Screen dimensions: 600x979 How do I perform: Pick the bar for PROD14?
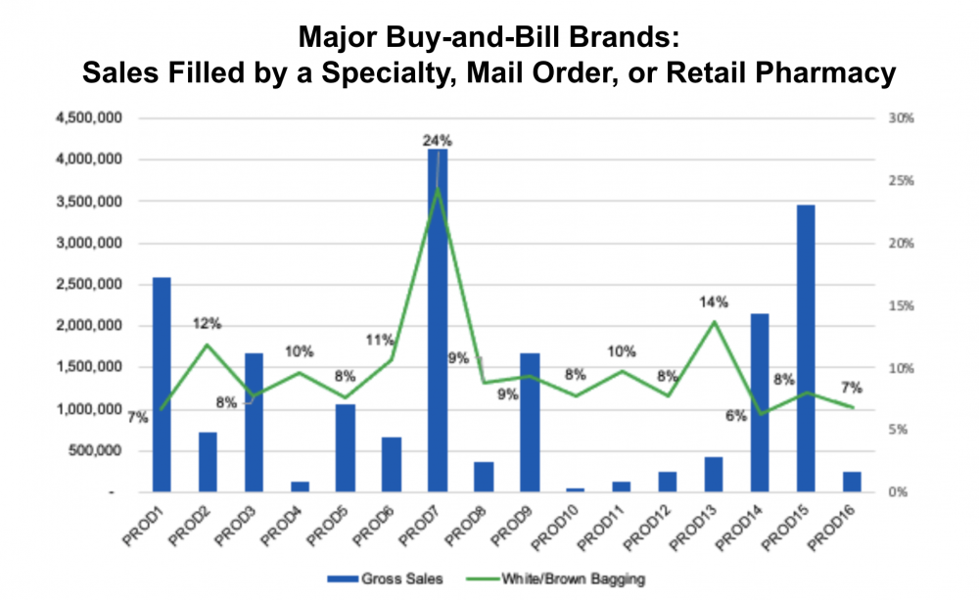click(x=759, y=402)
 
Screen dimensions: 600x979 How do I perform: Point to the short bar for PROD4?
click(x=300, y=485)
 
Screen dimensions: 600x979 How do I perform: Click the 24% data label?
click(x=437, y=140)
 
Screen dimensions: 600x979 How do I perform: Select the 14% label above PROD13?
click(x=713, y=302)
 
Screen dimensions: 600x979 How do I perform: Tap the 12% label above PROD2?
click(x=207, y=324)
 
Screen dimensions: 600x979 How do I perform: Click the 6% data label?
click(x=736, y=415)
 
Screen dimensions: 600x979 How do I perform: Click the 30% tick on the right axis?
click(x=900, y=118)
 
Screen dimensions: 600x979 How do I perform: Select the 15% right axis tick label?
click(x=900, y=306)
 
